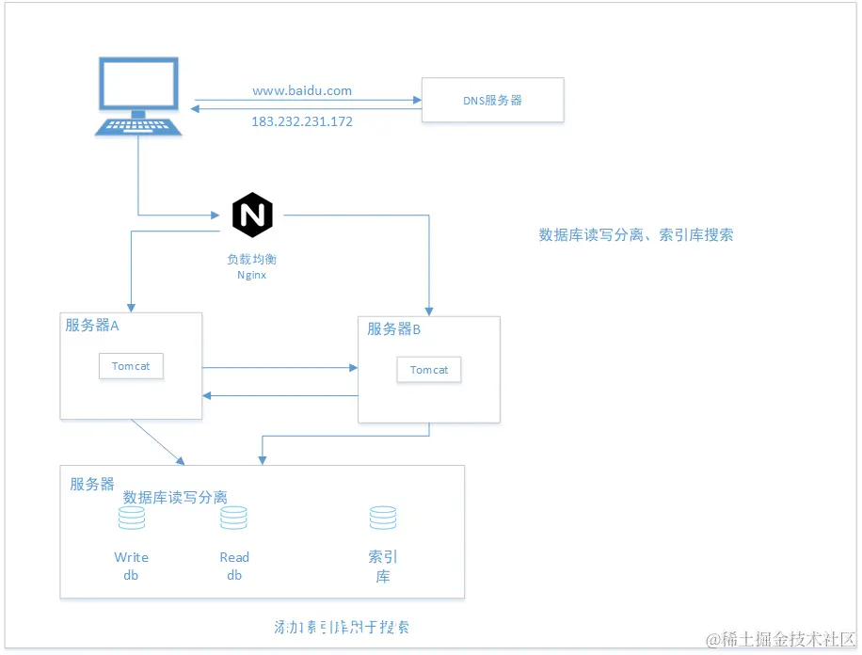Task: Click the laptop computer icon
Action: click(139, 96)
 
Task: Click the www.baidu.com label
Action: click(302, 91)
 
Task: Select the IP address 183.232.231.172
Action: click(302, 121)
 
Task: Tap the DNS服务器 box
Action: click(492, 100)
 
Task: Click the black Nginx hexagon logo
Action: click(252, 215)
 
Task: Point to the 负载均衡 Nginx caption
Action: click(251, 266)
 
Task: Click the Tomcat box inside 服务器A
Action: click(131, 366)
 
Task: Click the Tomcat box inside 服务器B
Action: click(429, 370)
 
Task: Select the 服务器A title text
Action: click(92, 326)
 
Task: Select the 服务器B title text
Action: click(393, 329)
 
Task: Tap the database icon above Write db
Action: click(131, 518)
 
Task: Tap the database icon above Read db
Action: click(233, 518)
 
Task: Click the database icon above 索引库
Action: click(383, 518)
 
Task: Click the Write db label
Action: click(131, 566)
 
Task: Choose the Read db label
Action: click(234, 566)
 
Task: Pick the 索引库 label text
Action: click(383, 567)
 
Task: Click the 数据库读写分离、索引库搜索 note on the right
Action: click(635, 235)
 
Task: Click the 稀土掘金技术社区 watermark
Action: click(781, 641)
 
